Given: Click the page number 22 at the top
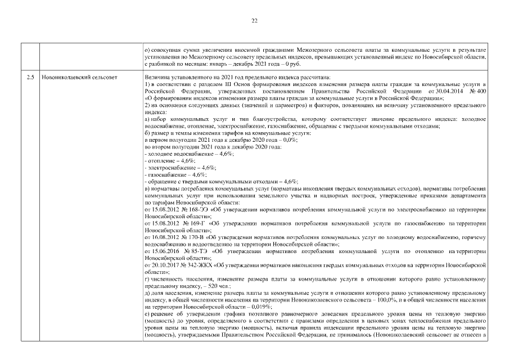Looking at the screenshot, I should (254, 21).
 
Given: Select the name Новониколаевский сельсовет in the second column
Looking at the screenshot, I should (79, 76).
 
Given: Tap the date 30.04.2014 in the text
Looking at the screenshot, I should (444, 90).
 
